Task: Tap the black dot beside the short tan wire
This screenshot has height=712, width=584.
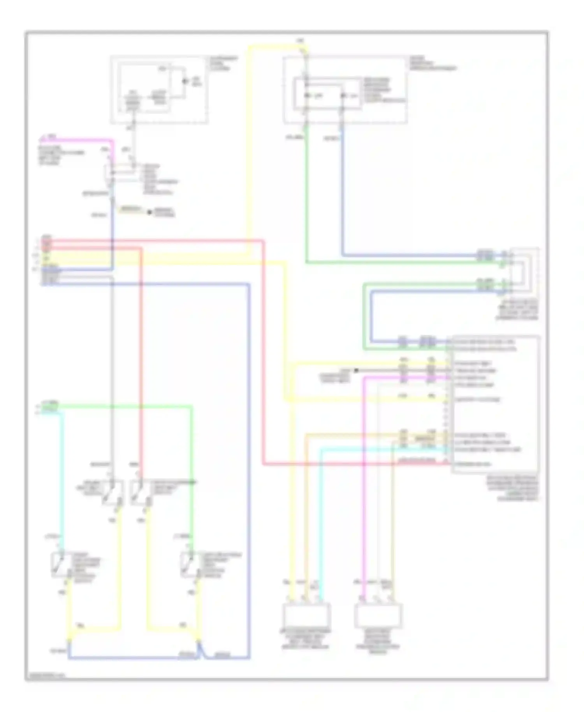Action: click(x=149, y=212)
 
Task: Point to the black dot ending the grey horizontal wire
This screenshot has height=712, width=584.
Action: click(x=356, y=370)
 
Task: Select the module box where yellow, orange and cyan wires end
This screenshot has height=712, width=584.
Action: click(x=306, y=615)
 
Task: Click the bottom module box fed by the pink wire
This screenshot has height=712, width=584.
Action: click(x=378, y=615)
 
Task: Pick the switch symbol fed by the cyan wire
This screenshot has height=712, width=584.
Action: click(x=61, y=564)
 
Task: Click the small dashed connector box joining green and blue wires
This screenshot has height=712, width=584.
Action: click(x=524, y=273)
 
